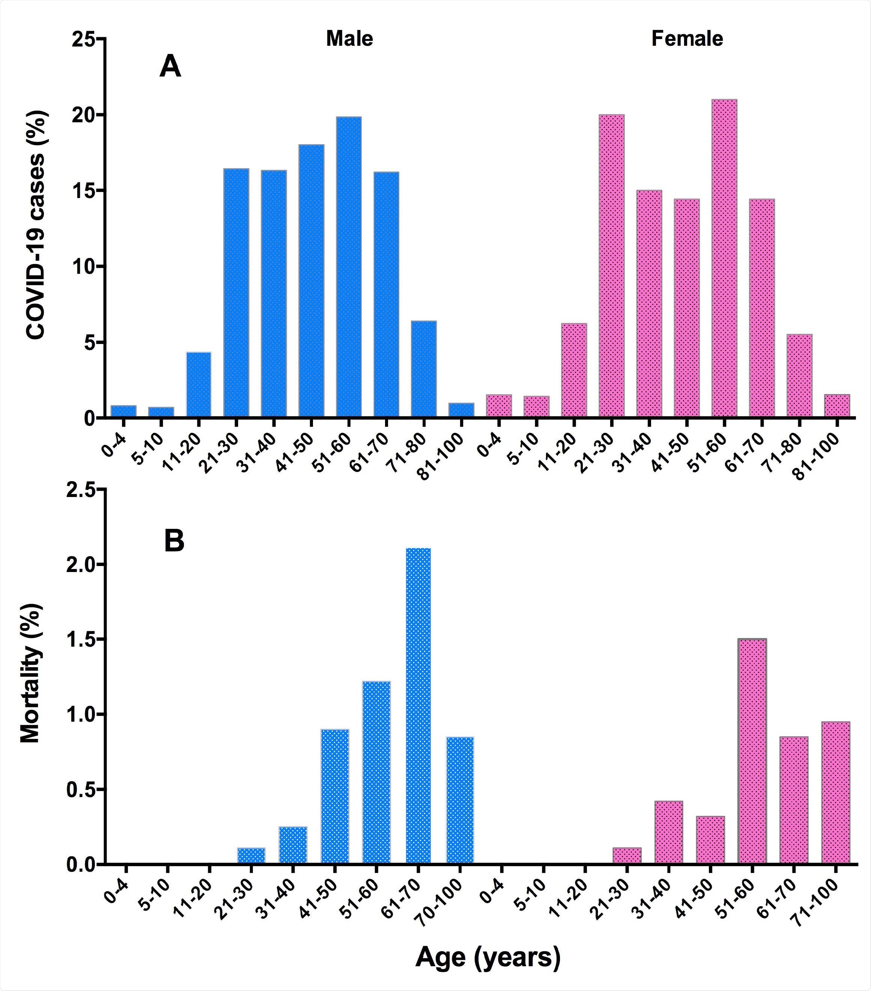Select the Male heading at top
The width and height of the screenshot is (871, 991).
[349, 39]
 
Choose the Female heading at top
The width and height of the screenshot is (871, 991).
[687, 39]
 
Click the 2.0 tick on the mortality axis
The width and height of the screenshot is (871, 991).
[81, 565]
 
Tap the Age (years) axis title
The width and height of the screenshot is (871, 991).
[487, 958]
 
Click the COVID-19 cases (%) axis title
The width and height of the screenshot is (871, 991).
[36, 225]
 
